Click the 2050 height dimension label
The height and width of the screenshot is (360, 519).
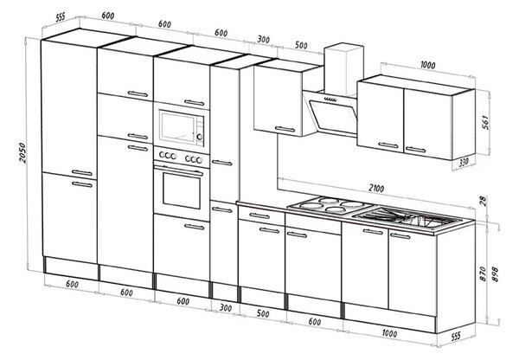22,152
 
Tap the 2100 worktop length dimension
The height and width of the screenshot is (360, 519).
376,189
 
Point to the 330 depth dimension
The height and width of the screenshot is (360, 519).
464,163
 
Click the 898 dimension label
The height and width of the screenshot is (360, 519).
495,273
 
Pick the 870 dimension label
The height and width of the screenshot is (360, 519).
483,273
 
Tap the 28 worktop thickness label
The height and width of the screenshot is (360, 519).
484,201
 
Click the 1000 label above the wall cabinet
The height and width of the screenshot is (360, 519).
427,65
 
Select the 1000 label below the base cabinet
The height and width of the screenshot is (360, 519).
389,333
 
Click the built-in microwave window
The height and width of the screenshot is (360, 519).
177,127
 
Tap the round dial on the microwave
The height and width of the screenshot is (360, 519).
199,137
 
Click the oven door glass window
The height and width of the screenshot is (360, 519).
182,193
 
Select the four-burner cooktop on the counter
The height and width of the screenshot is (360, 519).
330,205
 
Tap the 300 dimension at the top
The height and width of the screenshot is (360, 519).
263,40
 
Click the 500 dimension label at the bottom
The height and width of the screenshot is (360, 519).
263,313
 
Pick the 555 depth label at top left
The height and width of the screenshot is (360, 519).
61,17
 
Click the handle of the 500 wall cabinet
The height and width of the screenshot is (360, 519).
285,129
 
